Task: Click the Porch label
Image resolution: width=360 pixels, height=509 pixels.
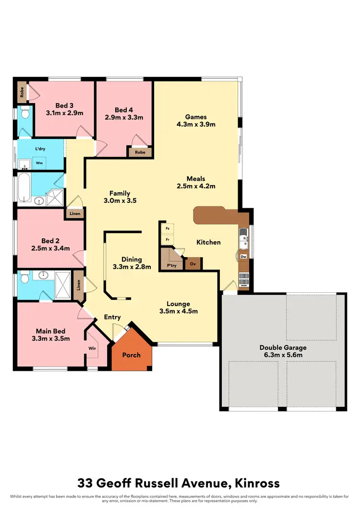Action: tap(132, 355)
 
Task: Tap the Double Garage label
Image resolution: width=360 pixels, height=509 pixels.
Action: tap(283, 348)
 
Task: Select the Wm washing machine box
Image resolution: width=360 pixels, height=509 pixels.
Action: tap(38, 163)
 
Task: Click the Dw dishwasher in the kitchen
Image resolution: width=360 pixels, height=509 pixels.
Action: tap(243, 257)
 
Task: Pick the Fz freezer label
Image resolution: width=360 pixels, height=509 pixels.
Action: tap(168, 228)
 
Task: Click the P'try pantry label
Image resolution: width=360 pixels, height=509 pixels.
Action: tap(171, 264)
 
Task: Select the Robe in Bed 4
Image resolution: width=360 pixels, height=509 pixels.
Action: tap(140, 152)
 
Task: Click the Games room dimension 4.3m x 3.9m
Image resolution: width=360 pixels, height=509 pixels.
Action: tap(196, 124)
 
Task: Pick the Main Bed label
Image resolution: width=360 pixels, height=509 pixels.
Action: tap(50, 331)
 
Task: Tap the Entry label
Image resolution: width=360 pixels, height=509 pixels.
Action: tap(112, 317)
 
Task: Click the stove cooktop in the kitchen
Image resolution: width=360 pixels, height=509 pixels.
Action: tap(243, 277)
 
